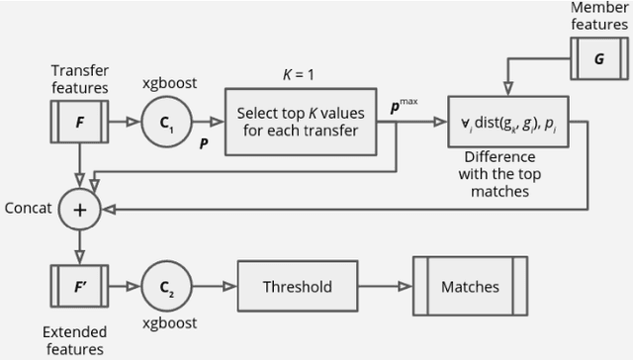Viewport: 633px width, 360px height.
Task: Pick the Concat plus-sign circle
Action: [x=79, y=209]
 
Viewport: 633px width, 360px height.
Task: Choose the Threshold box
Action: [x=297, y=288]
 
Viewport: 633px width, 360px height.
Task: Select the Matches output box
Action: [x=470, y=288]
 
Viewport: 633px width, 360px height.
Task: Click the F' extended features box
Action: [x=79, y=288]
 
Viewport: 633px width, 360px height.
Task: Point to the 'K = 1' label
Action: [x=300, y=74]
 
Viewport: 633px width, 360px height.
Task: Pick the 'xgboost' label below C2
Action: [x=166, y=323]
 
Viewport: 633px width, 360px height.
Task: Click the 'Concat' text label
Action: [x=27, y=209]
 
